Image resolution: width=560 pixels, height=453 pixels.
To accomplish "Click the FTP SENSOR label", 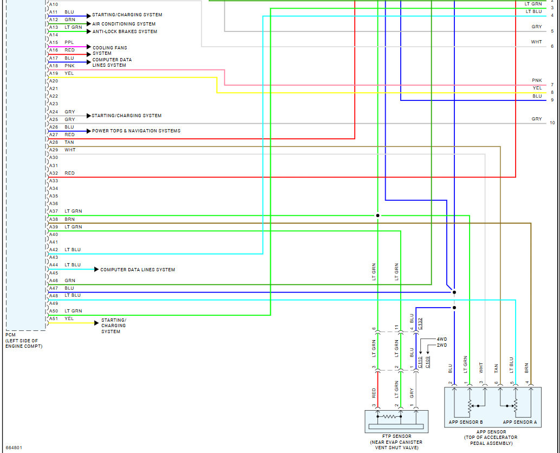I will pyautogui.click(x=397, y=436).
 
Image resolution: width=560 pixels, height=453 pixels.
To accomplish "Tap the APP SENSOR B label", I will pyautogui.click(x=465, y=422).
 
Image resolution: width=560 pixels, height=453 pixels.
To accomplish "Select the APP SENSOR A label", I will pyautogui.click(x=519, y=422).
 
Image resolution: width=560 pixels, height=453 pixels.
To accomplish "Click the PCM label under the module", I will pyautogui.click(x=10, y=335).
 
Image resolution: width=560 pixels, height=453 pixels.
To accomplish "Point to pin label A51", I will pyautogui.click(x=54, y=318).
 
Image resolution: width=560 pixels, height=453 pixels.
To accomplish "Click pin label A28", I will pyautogui.click(x=54, y=142).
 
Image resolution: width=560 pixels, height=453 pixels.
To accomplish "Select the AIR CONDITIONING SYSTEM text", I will pyautogui.click(x=123, y=24).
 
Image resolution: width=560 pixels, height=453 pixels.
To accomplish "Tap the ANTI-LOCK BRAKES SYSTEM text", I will pyautogui.click(x=125, y=31).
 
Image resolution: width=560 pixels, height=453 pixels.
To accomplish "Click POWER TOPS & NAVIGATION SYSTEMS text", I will pyautogui.click(x=136, y=131).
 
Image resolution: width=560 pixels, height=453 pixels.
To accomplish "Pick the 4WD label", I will pyautogui.click(x=442, y=339).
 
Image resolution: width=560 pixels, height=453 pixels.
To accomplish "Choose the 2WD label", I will pyautogui.click(x=442, y=345).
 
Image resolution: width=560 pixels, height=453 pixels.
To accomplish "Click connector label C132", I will pyautogui.click(x=420, y=324).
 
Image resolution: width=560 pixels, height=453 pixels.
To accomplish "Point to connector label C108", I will pyautogui.click(x=427, y=362).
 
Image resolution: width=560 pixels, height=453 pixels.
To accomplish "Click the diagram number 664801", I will pyautogui.click(x=14, y=448).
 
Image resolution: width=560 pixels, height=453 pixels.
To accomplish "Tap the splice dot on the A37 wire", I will pyautogui.click(x=377, y=215).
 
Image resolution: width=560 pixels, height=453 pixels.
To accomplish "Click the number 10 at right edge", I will pyautogui.click(x=552, y=123).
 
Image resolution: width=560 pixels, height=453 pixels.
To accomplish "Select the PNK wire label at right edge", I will pyautogui.click(x=537, y=80).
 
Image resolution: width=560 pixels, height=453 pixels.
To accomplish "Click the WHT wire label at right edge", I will pyautogui.click(x=536, y=42).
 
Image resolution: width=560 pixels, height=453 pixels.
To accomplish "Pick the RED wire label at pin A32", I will pyautogui.click(x=69, y=173).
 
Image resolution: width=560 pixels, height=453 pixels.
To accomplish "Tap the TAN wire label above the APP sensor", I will pyautogui.click(x=496, y=368).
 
